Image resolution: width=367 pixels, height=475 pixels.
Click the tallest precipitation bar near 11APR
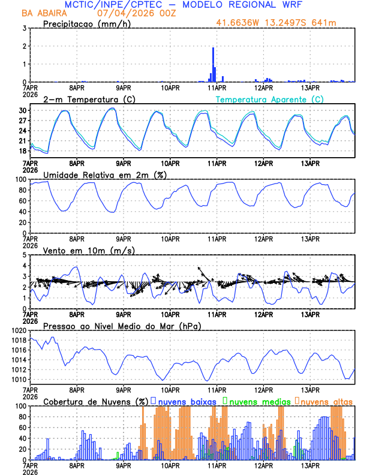point(213,65)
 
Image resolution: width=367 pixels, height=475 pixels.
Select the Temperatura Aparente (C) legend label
point(270,99)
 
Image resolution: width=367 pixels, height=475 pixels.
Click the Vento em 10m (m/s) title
point(84,250)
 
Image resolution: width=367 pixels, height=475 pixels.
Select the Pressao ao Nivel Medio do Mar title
point(122,326)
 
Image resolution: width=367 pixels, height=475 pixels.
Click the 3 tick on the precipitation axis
point(25,28)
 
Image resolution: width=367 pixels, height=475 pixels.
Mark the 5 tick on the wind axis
point(25,255)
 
